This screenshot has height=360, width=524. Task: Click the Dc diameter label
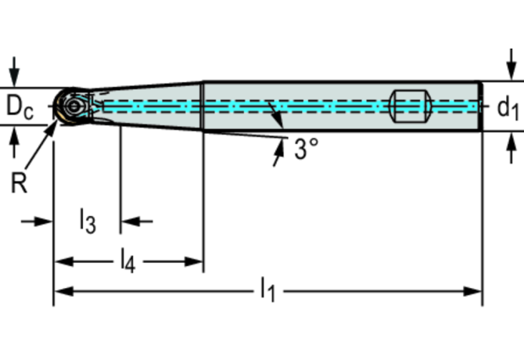(x=20, y=107)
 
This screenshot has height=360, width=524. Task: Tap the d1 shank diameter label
(x=508, y=108)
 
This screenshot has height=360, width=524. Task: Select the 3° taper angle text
(x=306, y=149)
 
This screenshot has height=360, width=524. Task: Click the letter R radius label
(x=19, y=183)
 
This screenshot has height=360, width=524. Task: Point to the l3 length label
(x=88, y=221)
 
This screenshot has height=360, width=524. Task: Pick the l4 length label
(x=128, y=261)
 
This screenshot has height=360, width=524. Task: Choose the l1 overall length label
(x=267, y=290)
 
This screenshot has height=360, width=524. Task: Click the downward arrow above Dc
(x=14, y=72)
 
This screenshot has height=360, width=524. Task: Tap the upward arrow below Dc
(x=14, y=143)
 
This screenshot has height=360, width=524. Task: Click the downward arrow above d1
(x=511, y=64)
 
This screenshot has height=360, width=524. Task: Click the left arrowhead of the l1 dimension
(x=63, y=291)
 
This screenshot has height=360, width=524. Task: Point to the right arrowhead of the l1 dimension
(x=472, y=291)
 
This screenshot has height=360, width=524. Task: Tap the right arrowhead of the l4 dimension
(x=194, y=261)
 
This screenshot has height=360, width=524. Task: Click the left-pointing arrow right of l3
(x=137, y=221)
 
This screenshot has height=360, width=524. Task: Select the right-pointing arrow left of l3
(x=37, y=221)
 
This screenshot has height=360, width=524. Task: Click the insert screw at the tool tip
(x=74, y=106)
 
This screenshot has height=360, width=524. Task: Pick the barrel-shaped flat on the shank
(x=411, y=106)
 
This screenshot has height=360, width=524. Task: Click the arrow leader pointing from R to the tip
(x=41, y=144)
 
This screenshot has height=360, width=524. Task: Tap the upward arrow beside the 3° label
(x=278, y=153)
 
